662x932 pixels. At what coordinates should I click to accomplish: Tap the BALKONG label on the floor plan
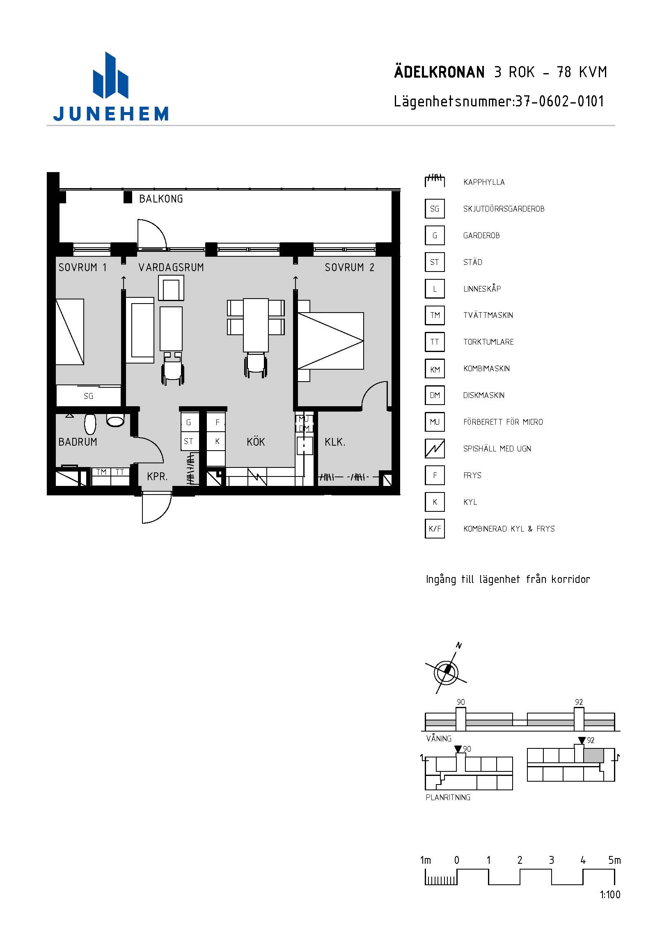pyautogui.click(x=161, y=199)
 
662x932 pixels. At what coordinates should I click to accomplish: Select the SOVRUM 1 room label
pyautogui.click(x=82, y=267)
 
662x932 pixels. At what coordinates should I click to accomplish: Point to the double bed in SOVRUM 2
pyautogui.click(x=330, y=341)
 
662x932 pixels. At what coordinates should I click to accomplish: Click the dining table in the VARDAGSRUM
pyautogui.click(x=256, y=325)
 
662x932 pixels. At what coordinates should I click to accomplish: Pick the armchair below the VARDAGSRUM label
pyautogui.click(x=171, y=288)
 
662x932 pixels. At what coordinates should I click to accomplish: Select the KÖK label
pyautogui.click(x=256, y=442)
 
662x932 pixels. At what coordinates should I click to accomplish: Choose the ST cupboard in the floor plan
pyautogui.click(x=189, y=442)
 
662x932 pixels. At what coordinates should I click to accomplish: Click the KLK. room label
pyautogui.click(x=335, y=442)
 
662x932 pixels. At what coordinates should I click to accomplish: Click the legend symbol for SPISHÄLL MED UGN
pyautogui.click(x=435, y=449)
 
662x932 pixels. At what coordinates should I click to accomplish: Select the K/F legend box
pyautogui.click(x=435, y=529)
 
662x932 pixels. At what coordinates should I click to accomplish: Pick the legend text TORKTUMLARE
pyautogui.click(x=488, y=342)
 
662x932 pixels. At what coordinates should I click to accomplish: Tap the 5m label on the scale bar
pyautogui.click(x=614, y=860)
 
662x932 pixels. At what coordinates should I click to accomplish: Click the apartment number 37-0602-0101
pyautogui.click(x=559, y=101)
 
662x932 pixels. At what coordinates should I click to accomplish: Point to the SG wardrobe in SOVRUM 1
pyautogui.click(x=89, y=396)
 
